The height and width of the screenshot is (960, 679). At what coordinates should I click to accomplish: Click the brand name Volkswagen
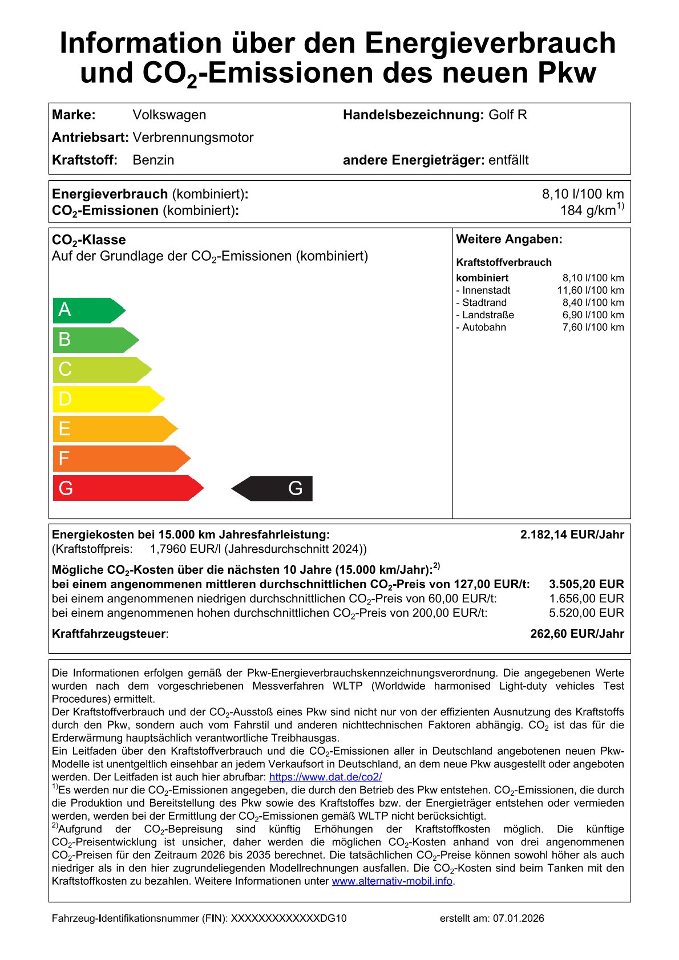pyautogui.click(x=169, y=115)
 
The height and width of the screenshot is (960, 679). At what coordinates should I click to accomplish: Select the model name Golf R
pyautogui.click(x=507, y=115)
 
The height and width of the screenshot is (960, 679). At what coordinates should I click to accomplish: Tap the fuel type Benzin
pyautogui.click(x=153, y=160)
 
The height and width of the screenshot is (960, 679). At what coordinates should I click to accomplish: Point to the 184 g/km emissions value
pyautogui.click(x=591, y=210)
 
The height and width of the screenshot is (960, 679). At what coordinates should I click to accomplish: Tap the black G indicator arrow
pyautogui.click(x=273, y=488)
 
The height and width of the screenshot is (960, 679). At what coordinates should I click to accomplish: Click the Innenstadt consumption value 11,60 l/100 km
pyautogui.click(x=590, y=290)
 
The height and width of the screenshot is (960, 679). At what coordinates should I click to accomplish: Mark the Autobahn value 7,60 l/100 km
pyautogui.click(x=593, y=327)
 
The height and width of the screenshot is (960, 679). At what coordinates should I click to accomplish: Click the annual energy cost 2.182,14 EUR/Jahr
pyautogui.click(x=572, y=534)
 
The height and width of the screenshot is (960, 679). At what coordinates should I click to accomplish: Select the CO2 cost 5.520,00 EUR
pyautogui.click(x=586, y=613)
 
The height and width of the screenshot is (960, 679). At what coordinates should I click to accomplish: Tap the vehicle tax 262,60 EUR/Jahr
pyautogui.click(x=577, y=634)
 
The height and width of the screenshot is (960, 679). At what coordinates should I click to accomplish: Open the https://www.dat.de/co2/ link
pyautogui.click(x=325, y=777)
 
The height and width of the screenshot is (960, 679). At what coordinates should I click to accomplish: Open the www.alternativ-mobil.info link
pyautogui.click(x=392, y=881)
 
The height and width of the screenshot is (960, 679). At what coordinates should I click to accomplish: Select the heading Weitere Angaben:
pyautogui.click(x=509, y=240)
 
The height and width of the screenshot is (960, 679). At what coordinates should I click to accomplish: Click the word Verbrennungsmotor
pyautogui.click(x=193, y=137)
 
